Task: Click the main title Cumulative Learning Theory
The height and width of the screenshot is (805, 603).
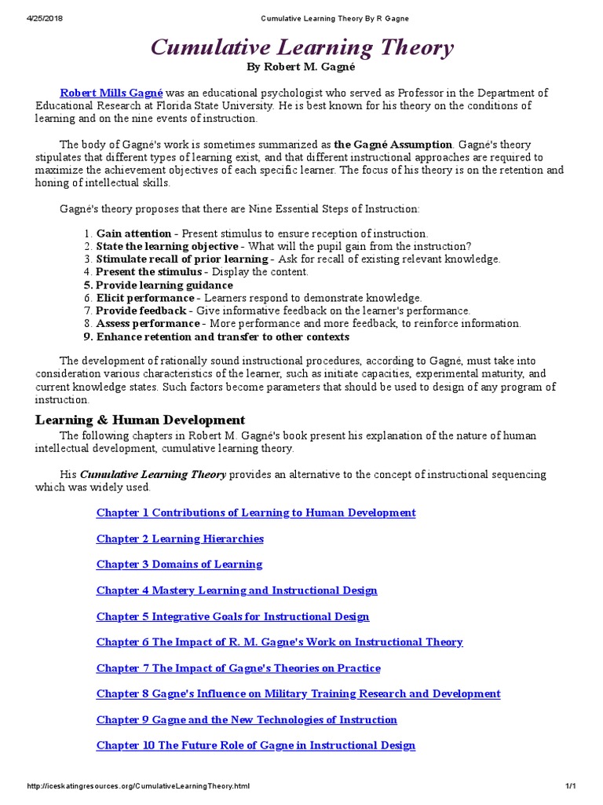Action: pyautogui.click(x=301, y=48)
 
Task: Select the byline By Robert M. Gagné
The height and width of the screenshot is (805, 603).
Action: pyautogui.click(x=301, y=68)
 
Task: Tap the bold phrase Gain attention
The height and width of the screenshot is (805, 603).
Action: pyautogui.click(x=133, y=233)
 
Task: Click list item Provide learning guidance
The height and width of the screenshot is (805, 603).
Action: pyautogui.click(x=163, y=285)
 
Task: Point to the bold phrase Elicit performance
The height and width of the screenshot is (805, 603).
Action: pyautogui.click(x=144, y=298)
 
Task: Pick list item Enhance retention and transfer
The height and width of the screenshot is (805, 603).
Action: pyautogui.click(x=221, y=336)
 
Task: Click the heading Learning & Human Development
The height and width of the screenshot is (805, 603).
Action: pyautogui.click(x=140, y=420)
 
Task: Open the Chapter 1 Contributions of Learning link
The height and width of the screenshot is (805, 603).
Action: pyautogui.click(x=255, y=513)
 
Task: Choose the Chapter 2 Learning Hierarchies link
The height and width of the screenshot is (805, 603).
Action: pyautogui.click(x=180, y=539)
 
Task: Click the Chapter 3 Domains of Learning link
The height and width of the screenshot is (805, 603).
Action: pyautogui.click(x=179, y=564)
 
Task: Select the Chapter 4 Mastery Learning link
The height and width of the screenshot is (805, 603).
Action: pyautogui.click(x=236, y=590)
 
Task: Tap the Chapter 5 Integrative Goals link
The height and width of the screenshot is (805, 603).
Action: pyautogui.click(x=232, y=616)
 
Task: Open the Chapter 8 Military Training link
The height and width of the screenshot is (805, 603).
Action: pyautogui.click(x=298, y=693)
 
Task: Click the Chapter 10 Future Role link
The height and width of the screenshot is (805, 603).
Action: pyautogui.click(x=255, y=745)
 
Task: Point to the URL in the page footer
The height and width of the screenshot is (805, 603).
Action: pyautogui.click(x=138, y=786)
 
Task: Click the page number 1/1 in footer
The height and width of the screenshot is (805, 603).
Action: pyautogui.click(x=570, y=786)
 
